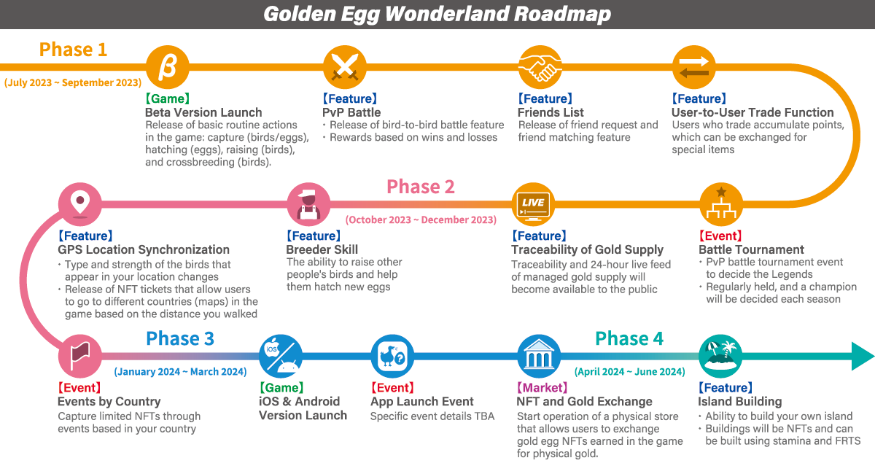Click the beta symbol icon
tap(168, 67)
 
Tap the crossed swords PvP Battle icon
tap(344, 67)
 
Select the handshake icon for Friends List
tap(540, 67)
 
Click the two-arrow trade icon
tap(693, 67)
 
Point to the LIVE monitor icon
tap(533, 204)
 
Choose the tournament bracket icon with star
tap(721, 204)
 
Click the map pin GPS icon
tap(80, 204)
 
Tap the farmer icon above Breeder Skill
tap(308, 204)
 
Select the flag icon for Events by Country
tap(80, 356)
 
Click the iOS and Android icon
tap(281, 356)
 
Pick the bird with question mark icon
tap(392, 356)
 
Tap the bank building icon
tap(539, 356)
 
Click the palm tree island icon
tap(720, 356)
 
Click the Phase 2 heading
tap(421, 187)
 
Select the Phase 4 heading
tap(629, 338)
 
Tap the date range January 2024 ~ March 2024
tap(181, 372)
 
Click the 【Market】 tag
tap(542, 388)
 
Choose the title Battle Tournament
tap(751, 249)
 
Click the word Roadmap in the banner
tap(562, 14)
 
